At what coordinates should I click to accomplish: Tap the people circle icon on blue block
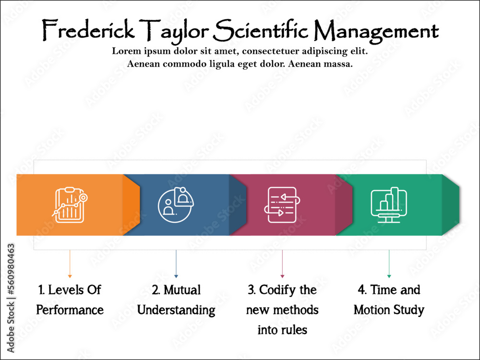coord(176,204)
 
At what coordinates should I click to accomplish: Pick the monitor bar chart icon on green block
coord(389,204)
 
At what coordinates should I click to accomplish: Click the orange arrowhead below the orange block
coord(70,276)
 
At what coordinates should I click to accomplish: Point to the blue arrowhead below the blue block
coord(176,276)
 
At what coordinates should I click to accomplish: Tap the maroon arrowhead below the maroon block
coord(282,276)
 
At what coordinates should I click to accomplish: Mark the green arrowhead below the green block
coord(389,276)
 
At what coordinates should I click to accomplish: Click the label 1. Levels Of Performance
coord(70,300)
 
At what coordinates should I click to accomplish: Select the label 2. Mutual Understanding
coord(176,300)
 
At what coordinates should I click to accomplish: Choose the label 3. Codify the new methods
coord(282,310)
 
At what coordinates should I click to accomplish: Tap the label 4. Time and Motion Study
coord(389,300)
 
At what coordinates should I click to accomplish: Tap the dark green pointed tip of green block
coord(451,205)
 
